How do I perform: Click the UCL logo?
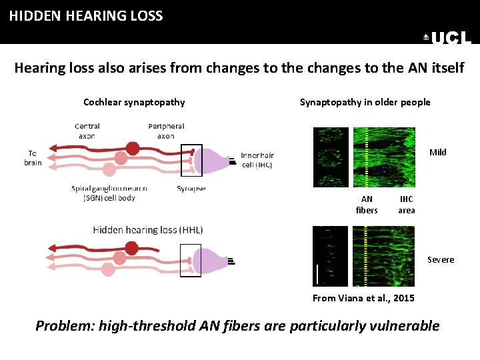[448, 39]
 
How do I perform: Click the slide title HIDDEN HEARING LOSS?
[86, 16]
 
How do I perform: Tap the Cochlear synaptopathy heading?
[134, 102]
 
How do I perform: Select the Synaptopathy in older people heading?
[365, 102]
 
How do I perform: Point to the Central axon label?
[87, 131]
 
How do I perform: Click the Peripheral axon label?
[166, 131]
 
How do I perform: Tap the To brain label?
[33, 157]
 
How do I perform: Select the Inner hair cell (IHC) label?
[257, 160]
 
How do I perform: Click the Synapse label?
[191, 189]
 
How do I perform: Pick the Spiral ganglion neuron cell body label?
[109, 193]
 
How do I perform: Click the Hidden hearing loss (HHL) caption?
[148, 230]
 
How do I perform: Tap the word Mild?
[438, 152]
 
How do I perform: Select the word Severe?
[441, 259]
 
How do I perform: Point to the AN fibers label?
[367, 205]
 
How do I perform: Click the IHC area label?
[406, 205]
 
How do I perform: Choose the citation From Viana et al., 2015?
[363, 298]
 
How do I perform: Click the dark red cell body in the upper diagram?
[133, 148]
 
